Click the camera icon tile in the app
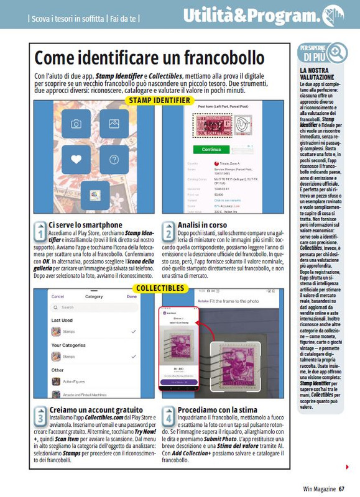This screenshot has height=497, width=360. (76, 124)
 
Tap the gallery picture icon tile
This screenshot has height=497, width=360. (114, 124)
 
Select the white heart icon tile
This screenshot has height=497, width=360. (76, 158)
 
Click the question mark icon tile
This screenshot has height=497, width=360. (114, 158)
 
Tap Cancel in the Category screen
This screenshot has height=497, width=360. (58, 297)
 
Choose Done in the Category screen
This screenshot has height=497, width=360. (131, 297)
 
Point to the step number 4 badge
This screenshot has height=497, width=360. (168, 415)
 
